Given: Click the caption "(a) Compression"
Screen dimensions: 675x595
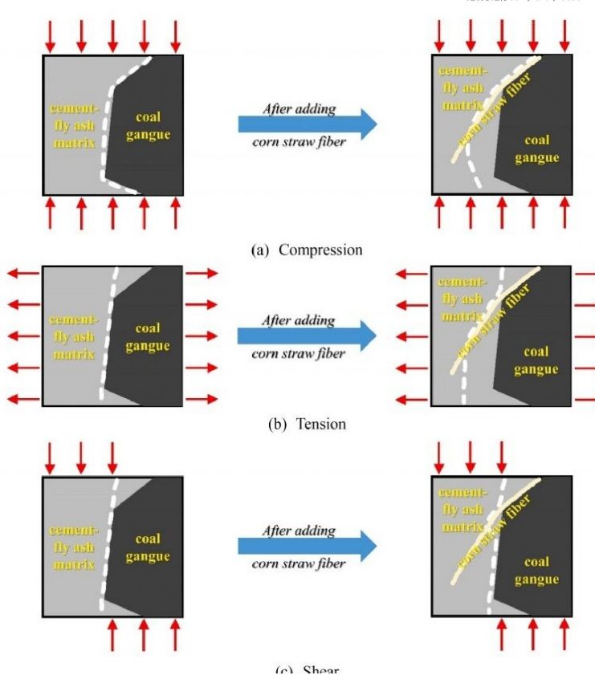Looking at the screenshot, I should click(307, 250).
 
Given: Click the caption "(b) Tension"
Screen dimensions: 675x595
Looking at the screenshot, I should click(307, 424).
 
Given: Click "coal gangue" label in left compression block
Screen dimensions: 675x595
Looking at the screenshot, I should click(148, 125).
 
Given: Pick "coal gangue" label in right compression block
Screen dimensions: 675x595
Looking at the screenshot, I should click(536, 149).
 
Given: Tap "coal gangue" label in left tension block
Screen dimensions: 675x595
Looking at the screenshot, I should click(148, 337).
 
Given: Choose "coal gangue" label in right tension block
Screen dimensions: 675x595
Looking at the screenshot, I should click(536, 360).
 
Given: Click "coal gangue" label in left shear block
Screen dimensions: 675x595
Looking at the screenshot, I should click(148, 547).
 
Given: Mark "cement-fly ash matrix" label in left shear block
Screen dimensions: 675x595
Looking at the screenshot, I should click(74, 547).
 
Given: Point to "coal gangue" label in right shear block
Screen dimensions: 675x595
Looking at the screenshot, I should click(536, 571).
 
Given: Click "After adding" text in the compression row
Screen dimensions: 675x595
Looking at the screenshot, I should click(299, 108).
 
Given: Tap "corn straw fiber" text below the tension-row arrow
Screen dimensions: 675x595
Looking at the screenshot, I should click(299, 354).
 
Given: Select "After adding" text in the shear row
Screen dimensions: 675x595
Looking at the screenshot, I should click(299, 531).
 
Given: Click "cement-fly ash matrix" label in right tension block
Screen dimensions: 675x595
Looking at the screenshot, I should click(462, 299).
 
